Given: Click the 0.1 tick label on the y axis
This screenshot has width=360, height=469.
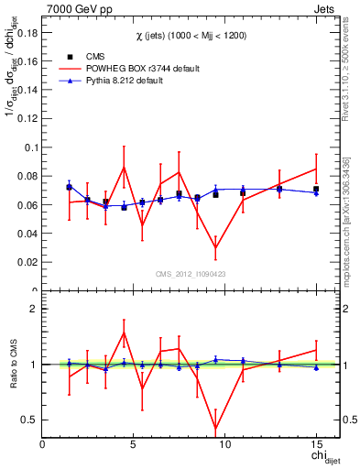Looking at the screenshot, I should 30,147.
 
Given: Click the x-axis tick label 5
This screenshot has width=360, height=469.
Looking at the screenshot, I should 134,445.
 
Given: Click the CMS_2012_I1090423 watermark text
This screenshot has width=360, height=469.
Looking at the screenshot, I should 191,274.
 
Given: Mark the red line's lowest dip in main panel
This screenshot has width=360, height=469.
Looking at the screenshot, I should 215,247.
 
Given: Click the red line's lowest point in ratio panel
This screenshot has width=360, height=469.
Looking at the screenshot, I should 215,428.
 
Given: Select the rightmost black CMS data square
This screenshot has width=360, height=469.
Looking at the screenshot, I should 316,190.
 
